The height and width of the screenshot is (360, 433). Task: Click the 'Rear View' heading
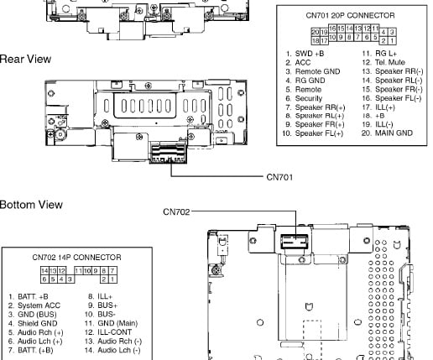[x=25, y=60]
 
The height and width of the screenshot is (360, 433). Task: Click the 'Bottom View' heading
[x=31, y=205]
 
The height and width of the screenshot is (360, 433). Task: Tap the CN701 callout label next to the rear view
[x=279, y=177]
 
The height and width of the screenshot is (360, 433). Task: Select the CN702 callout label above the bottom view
[x=176, y=211]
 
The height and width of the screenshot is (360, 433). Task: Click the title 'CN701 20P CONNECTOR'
[x=350, y=15]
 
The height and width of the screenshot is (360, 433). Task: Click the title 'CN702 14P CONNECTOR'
[x=76, y=258]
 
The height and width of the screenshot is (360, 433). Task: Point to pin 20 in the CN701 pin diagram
[x=316, y=32]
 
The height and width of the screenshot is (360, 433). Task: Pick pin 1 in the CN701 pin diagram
[x=392, y=41]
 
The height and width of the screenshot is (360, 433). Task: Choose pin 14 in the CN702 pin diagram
[x=44, y=270]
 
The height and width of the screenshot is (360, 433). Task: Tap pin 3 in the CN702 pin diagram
[x=70, y=279]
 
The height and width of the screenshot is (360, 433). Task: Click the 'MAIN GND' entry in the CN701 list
[x=394, y=133]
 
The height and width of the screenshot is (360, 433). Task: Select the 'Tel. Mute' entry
[x=390, y=62]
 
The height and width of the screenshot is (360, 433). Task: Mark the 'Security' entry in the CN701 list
[x=309, y=98]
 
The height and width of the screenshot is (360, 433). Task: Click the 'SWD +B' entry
[x=310, y=54]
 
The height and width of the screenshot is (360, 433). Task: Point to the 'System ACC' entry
[x=39, y=305]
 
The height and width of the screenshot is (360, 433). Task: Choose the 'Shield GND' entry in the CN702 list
[x=38, y=323]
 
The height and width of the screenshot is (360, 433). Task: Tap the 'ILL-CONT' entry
[x=114, y=332]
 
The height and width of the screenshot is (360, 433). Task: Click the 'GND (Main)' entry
[x=117, y=323]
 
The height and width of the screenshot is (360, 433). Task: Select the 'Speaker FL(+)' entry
[x=319, y=133]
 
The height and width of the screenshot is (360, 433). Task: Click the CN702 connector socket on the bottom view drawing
[x=295, y=242]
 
